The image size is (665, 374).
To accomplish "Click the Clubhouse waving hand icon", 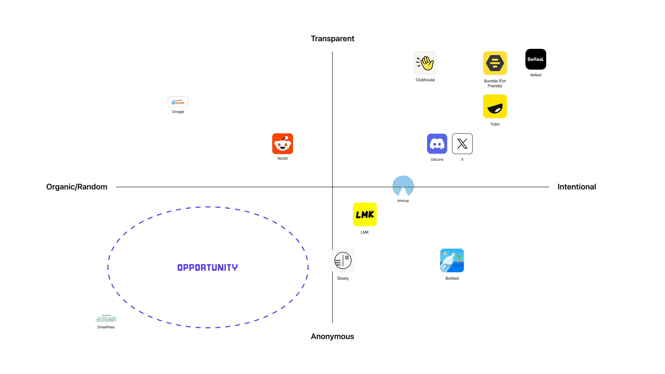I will point(425,63).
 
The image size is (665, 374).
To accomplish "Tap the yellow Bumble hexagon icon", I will point(495,63).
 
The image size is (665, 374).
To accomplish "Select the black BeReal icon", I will point(535,59).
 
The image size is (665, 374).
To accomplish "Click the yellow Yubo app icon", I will point(495,106).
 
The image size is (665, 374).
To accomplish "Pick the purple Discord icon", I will point(437,144).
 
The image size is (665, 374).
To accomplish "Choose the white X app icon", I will point(462,144).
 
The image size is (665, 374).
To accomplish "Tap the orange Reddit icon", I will point(282,144).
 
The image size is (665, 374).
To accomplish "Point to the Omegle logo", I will point(178,102).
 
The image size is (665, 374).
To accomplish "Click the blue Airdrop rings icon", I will point(403,186).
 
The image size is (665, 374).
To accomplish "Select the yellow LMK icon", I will point(365,214).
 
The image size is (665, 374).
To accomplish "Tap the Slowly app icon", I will point(343,260).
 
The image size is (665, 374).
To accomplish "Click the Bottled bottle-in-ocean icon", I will point(452,260).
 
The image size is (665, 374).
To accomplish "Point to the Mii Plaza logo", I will point(106,319).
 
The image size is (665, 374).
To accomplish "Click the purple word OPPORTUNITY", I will point(207,267).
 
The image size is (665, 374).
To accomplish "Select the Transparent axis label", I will point(332,38).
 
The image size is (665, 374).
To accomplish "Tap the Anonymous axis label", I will point(332,336).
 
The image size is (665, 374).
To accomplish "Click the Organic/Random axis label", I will point(77,187).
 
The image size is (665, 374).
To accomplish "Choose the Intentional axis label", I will point(577,187).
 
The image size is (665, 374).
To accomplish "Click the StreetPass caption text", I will point(106,327).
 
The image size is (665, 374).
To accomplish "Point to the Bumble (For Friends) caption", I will point(495,83).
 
